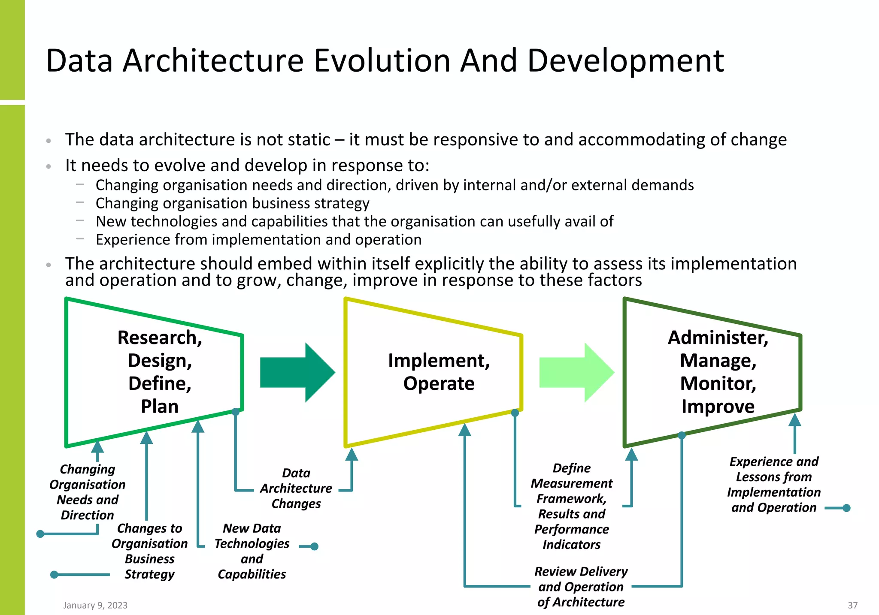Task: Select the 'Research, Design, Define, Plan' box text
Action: (x=160, y=371)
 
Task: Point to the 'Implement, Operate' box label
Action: (x=439, y=371)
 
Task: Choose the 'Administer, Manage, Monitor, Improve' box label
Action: (x=718, y=371)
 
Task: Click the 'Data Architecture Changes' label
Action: (x=296, y=488)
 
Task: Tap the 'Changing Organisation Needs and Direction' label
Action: (x=88, y=492)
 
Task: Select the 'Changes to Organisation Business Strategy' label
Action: (x=149, y=551)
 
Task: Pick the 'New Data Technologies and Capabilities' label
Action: (x=252, y=551)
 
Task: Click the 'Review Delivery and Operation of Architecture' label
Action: (x=581, y=587)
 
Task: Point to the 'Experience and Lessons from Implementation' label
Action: (x=774, y=484)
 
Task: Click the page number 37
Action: (x=852, y=605)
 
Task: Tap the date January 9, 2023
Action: (x=95, y=605)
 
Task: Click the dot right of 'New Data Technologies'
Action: (x=314, y=546)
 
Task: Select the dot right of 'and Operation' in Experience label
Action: (x=846, y=508)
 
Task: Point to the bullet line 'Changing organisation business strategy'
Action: (x=232, y=203)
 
